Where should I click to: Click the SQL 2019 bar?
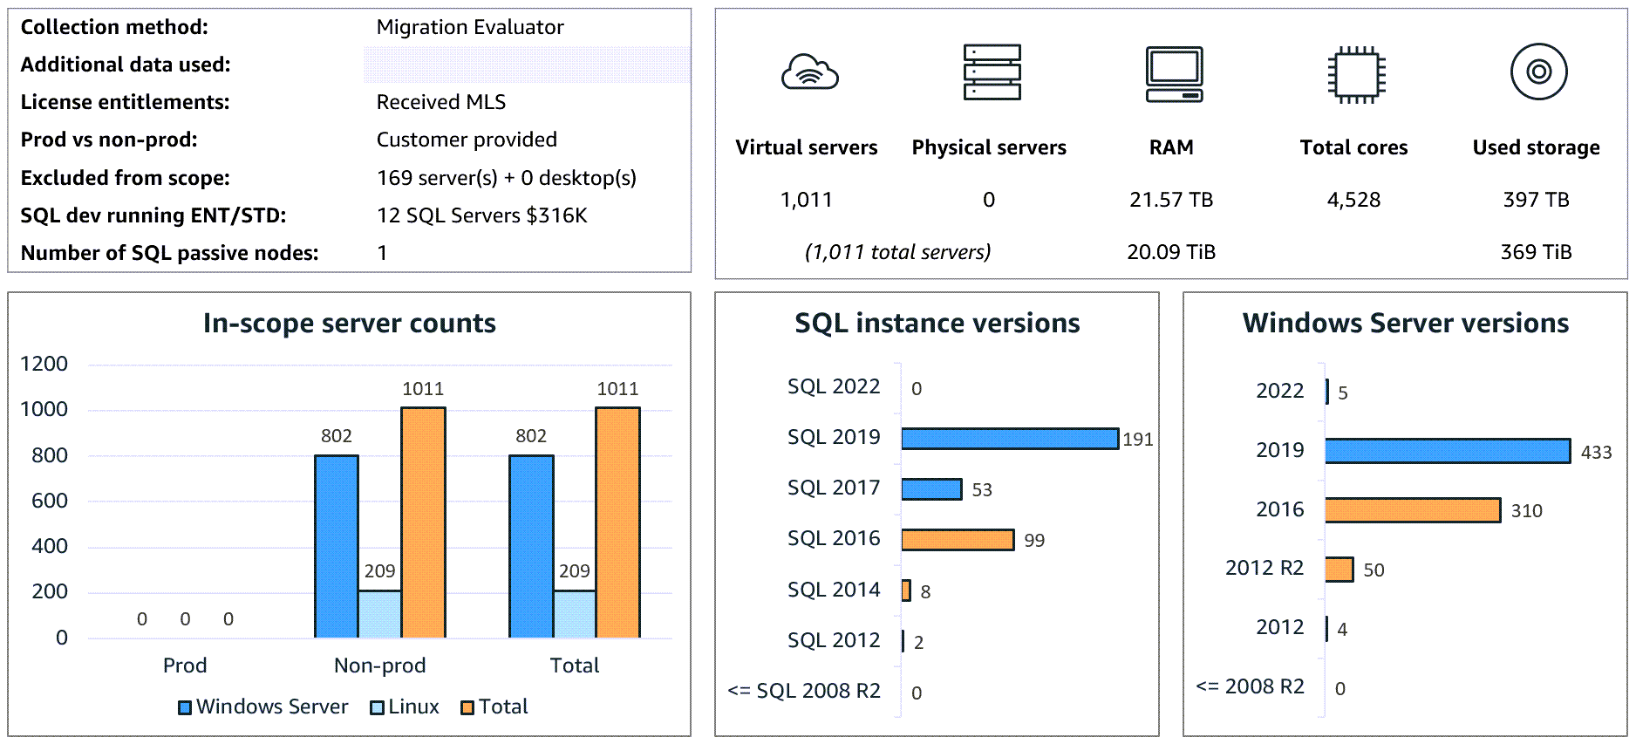tap(1009, 438)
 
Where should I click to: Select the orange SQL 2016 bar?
tap(957, 540)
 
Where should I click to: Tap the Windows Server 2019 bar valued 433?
tap(1447, 451)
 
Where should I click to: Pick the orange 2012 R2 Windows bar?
tap(1339, 570)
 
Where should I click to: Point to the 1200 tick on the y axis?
tap(44, 364)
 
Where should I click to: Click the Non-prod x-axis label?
tap(379, 666)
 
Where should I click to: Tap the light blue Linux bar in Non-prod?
tap(379, 614)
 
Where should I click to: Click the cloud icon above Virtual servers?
tap(809, 72)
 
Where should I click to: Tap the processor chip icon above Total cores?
tap(1355, 74)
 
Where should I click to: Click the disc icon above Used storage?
tap(1538, 72)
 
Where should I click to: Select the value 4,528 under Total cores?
tap(1353, 200)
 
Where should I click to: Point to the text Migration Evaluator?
tap(469, 27)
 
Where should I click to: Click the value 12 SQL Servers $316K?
tap(481, 215)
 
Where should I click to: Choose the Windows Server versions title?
tap(1405, 323)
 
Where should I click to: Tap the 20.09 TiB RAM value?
tap(1170, 252)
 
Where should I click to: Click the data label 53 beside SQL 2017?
tap(982, 490)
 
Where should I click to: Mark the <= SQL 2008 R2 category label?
tap(803, 691)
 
